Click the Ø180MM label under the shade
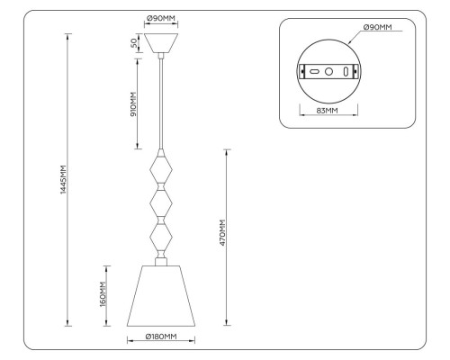[161, 337]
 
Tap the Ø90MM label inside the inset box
[378, 28]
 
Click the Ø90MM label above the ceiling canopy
[161, 19]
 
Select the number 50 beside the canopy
[134, 43]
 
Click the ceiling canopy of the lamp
[161, 43]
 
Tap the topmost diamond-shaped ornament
[161, 168]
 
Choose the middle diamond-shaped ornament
[161, 204]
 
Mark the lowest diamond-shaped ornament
[161, 239]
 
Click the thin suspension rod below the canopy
[161, 99]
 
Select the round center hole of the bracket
[329, 70]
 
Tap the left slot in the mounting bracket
[315, 70]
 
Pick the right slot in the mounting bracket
[345, 70]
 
